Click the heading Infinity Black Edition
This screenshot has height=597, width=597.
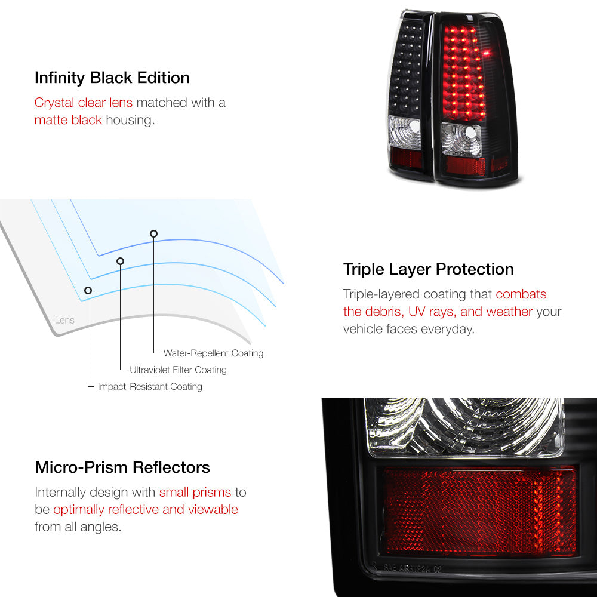point(112,78)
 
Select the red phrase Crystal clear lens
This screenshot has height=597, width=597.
point(84,103)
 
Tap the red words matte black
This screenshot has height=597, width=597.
point(68,120)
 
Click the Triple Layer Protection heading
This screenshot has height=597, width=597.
point(428,269)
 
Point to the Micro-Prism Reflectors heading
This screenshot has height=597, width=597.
point(122,467)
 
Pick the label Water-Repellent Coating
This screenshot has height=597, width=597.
point(213,353)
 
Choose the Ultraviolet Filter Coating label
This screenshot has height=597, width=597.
point(178,370)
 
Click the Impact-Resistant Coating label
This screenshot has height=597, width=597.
point(150,386)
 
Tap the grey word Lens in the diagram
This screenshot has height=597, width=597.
point(64,320)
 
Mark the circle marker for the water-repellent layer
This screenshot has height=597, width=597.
point(153,234)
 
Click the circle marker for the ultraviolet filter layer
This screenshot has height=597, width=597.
point(121,261)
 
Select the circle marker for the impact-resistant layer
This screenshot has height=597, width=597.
point(88,291)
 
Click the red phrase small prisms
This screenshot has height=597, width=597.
point(195,493)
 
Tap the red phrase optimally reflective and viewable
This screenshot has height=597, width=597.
point(146,509)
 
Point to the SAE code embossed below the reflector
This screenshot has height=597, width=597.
point(413,569)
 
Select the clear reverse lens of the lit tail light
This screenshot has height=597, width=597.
point(461,139)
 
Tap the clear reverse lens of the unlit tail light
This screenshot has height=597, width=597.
point(404,132)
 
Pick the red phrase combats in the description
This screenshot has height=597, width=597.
point(521,294)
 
